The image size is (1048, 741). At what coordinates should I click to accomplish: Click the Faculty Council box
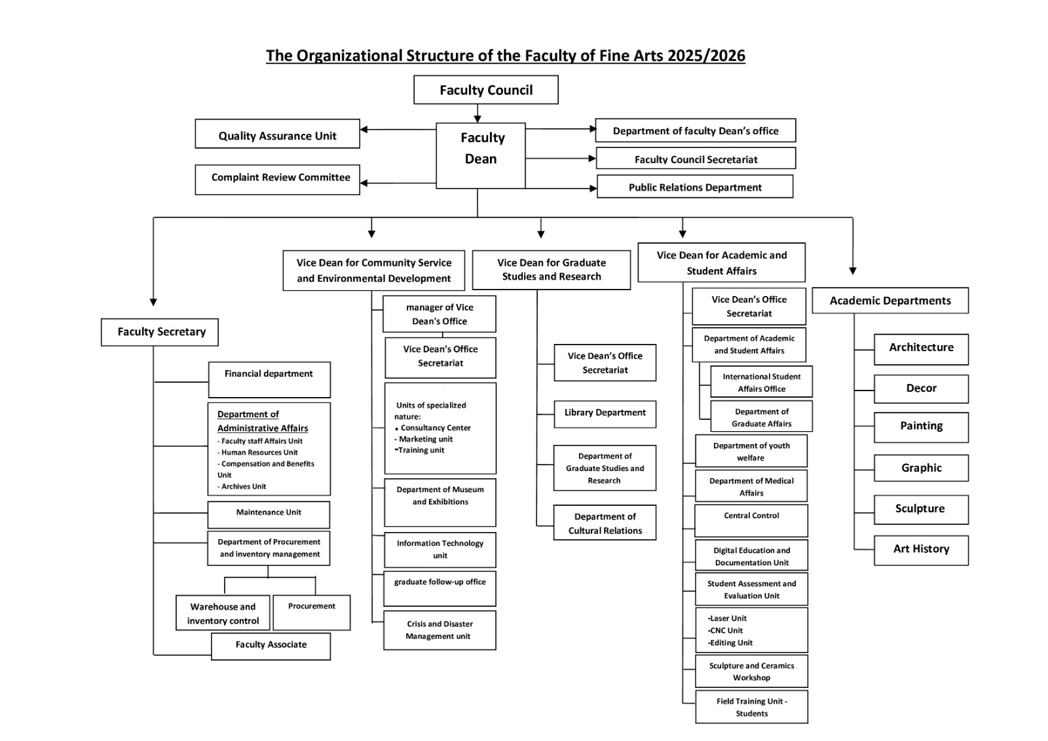[x=485, y=90]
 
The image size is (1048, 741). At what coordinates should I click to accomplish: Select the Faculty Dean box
[x=481, y=155]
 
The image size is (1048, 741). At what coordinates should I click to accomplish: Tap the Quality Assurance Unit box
[x=277, y=134]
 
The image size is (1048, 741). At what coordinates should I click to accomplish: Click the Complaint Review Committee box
[x=277, y=180]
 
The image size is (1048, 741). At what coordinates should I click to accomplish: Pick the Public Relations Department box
[x=695, y=187]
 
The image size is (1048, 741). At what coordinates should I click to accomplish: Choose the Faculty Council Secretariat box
[x=696, y=158]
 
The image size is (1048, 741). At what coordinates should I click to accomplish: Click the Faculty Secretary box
[x=160, y=332]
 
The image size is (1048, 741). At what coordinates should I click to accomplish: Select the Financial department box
[x=269, y=379]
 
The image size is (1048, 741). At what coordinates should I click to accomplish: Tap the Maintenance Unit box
[x=269, y=515]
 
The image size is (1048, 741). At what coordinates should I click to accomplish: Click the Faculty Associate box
[x=271, y=646]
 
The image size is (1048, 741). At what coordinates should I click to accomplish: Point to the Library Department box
[x=605, y=414]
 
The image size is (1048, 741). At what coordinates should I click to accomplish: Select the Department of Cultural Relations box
[x=605, y=522]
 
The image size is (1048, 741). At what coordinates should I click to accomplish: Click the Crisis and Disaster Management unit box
[x=440, y=630]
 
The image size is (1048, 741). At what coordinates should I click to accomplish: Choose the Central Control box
[x=751, y=520]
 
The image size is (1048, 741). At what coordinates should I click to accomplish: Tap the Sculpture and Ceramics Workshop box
[x=751, y=672]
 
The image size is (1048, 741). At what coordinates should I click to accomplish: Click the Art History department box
[x=921, y=550]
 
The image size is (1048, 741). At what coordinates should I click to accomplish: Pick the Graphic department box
[x=921, y=468]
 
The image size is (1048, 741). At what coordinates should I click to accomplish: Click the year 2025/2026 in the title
[x=706, y=56]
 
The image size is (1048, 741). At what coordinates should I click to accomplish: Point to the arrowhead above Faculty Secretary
[x=153, y=302]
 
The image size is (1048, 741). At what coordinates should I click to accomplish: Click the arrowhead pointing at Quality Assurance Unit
[x=364, y=130]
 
